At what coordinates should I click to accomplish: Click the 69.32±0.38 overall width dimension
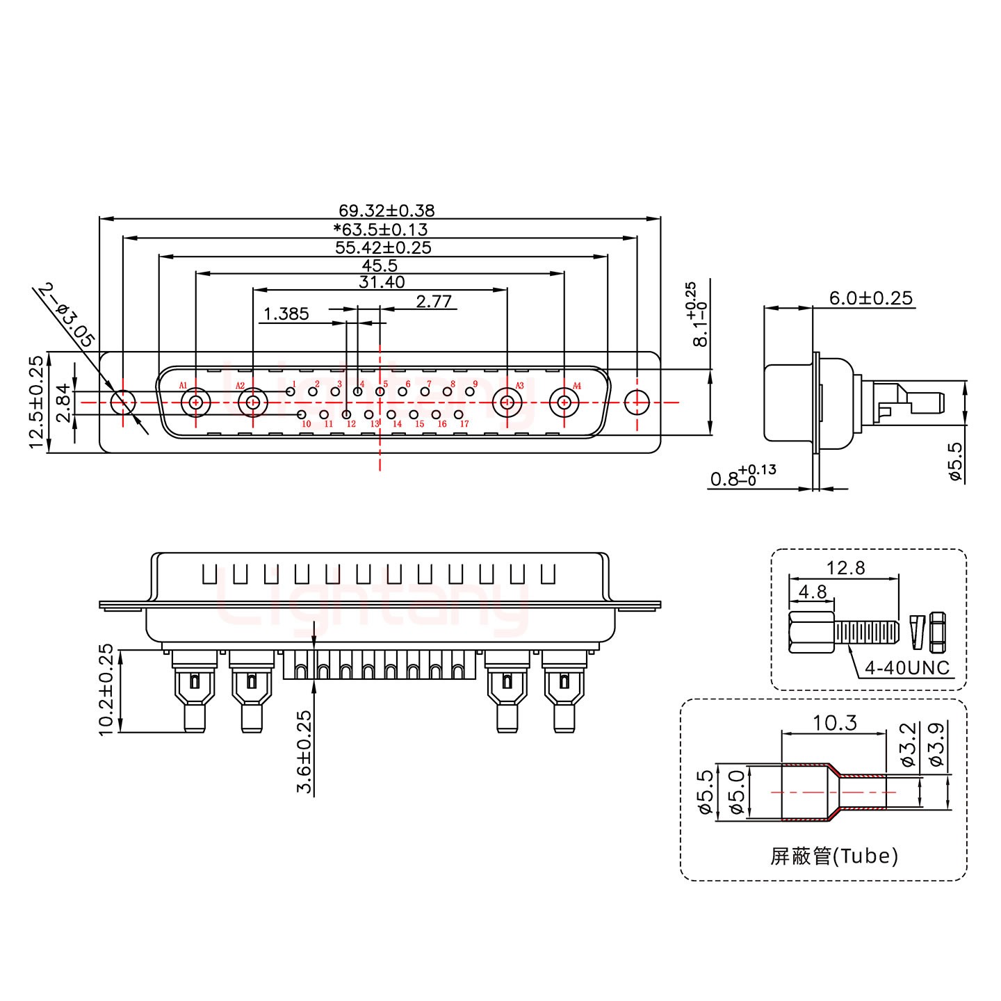(x=386, y=210)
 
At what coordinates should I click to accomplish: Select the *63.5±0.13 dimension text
(x=380, y=229)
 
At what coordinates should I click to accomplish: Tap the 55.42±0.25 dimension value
(x=383, y=247)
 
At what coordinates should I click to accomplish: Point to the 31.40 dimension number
(x=382, y=282)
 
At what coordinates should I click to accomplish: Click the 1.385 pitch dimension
(x=286, y=314)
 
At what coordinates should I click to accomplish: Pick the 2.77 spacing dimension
(x=434, y=301)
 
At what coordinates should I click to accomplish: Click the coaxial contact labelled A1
(x=196, y=402)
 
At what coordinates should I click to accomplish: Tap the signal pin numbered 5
(x=380, y=392)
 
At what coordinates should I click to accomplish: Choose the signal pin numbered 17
(x=459, y=415)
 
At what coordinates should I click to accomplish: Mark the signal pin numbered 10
(x=302, y=415)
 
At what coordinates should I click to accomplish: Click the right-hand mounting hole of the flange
(x=636, y=402)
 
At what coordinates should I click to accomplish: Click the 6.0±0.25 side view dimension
(x=870, y=298)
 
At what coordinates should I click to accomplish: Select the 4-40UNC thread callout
(x=906, y=668)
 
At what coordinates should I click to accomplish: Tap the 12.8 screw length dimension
(x=845, y=568)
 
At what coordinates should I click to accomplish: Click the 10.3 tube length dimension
(x=835, y=723)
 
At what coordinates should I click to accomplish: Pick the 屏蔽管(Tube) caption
(x=834, y=856)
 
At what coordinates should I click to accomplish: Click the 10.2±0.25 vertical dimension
(x=106, y=690)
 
